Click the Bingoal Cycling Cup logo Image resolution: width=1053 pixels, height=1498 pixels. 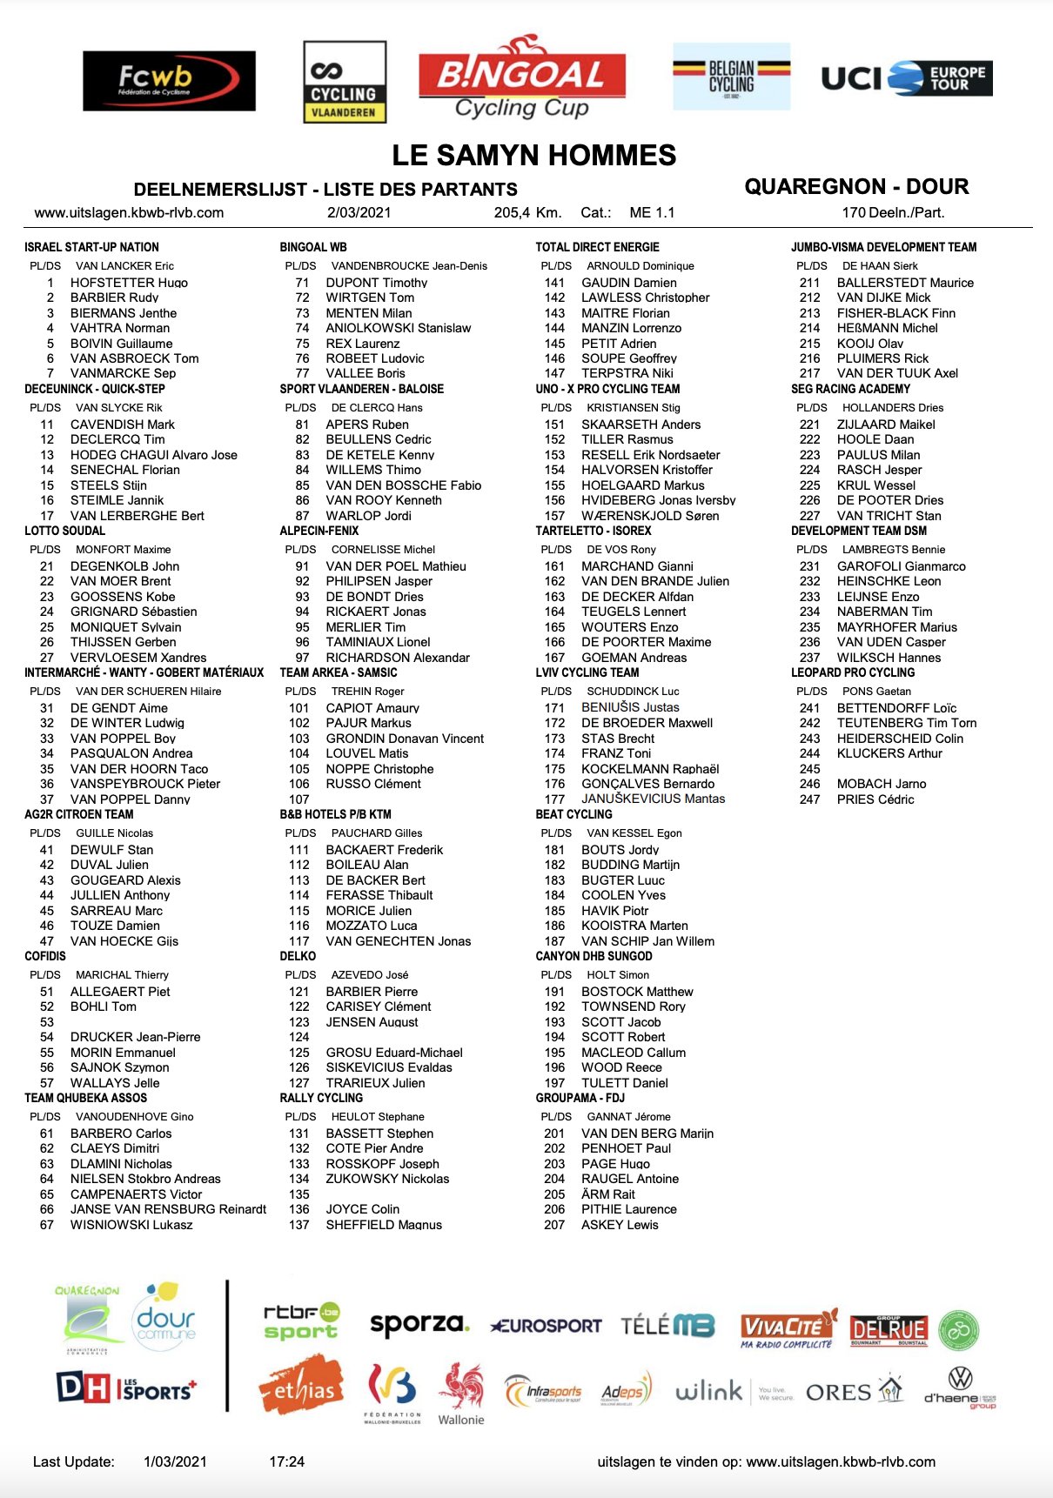pos(521,79)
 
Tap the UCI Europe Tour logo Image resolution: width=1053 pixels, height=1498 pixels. pos(906,78)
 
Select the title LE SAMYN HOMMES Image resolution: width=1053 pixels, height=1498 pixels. pos(533,156)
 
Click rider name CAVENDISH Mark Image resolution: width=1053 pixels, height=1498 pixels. pos(123,425)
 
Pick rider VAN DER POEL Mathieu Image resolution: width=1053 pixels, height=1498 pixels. pos(396,566)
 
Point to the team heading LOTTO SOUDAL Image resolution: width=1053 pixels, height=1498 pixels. pos(65,531)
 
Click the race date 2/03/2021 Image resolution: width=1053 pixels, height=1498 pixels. pos(359,213)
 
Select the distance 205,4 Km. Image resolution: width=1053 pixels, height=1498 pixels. pos(527,213)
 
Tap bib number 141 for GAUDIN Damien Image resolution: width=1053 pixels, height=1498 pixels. pos(554,283)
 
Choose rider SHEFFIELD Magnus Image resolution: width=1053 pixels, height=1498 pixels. pos(384,1225)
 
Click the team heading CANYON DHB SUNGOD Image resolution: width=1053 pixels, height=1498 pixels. pos(594,956)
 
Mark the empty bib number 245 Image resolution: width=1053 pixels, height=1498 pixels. pos(809,769)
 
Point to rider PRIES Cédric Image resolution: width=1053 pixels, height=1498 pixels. pos(875,799)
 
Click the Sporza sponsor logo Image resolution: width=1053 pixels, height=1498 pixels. pos(419,1325)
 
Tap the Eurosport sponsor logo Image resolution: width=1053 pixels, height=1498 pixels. pos(546,1326)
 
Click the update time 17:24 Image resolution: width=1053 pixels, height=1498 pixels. pos(287,1461)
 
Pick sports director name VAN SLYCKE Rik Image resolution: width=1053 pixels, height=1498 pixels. pos(119,408)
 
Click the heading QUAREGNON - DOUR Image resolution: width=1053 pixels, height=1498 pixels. pos(856,186)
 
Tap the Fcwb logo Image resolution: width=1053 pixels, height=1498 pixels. pos(169,81)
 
